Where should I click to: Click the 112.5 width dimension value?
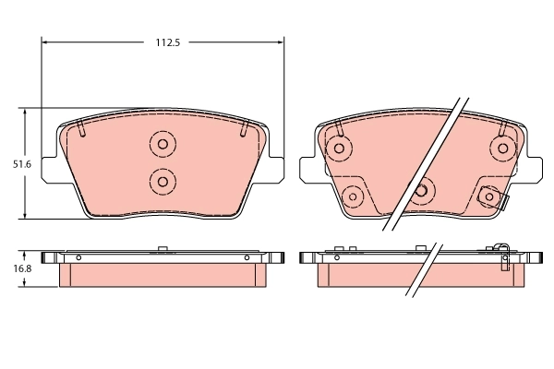(163, 42)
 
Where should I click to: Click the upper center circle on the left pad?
(162, 144)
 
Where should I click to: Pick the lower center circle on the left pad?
(162, 180)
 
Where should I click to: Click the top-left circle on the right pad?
(339, 148)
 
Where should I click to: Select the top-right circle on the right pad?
(503, 148)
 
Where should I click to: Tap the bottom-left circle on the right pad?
(352, 196)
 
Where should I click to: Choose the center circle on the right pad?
(422, 190)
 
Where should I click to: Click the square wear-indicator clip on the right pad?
(489, 196)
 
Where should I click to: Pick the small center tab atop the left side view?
(163, 248)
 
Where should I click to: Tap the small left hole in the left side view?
(78, 256)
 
